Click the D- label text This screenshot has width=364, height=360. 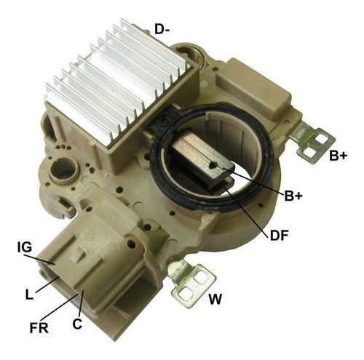click(x=162, y=30)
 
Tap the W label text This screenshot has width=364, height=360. click(x=215, y=299)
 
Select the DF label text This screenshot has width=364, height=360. click(x=279, y=235)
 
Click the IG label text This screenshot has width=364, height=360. click(x=25, y=247)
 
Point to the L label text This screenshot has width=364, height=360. click(x=29, y=295)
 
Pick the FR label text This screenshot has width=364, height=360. click(x=39, y=328)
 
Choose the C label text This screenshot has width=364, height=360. click(x=77, y=324)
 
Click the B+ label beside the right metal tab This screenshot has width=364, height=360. click(x=339, y=156)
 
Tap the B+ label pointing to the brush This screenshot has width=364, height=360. click(x=293, y=196)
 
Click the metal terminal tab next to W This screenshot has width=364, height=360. click(x=191, y=283)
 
